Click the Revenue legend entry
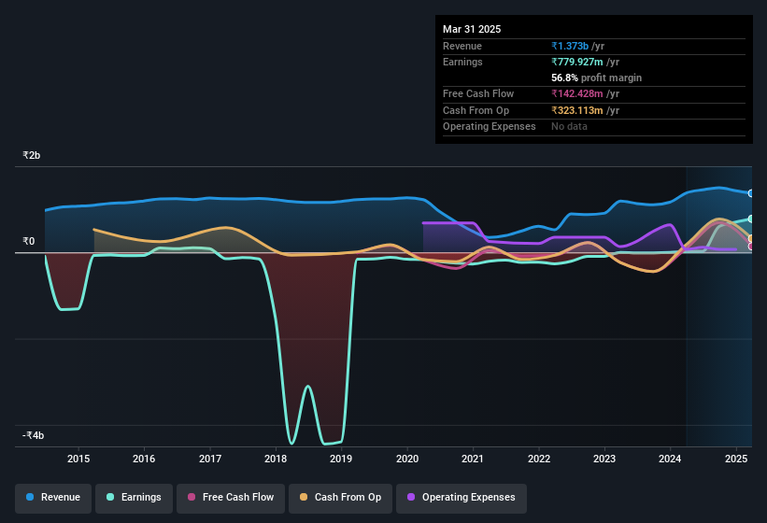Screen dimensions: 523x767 [53, 497]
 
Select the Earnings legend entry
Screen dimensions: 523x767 [134, 497]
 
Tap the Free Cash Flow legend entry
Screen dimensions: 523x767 [231, 497]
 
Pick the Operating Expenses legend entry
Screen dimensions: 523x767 [461, 497]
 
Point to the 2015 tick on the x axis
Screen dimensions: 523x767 [78, 459]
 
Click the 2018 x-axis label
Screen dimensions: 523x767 [276, 459]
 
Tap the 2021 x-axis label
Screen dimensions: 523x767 [473, 459]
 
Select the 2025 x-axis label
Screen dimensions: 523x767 [736, 459]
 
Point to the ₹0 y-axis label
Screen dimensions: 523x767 [29, 241]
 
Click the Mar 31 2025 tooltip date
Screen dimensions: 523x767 [472, 29]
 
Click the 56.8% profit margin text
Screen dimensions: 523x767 [596, 78]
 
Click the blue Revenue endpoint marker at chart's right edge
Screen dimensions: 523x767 [751, 193]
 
